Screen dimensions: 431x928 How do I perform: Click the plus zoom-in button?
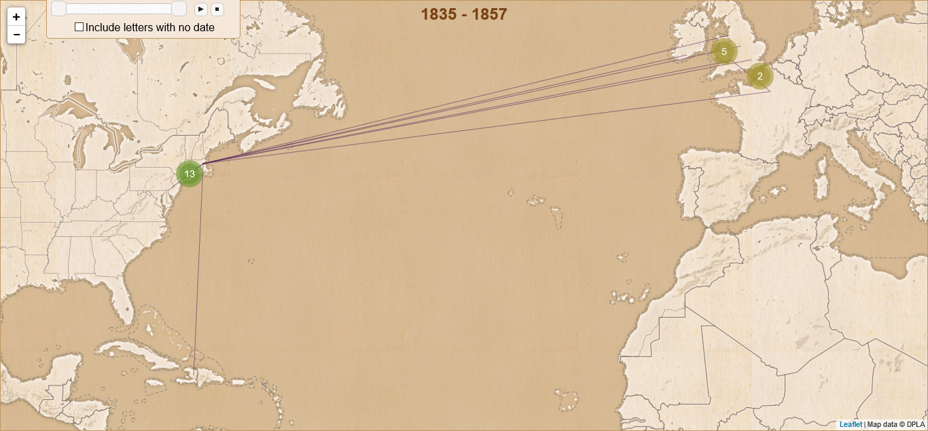(16, 17)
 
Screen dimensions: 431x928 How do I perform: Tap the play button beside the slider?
(200, 9)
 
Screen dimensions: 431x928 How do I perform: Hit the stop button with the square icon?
(217, 9)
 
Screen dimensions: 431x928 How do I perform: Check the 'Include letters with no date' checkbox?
(79, 27)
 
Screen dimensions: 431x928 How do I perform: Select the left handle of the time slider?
(59, 8)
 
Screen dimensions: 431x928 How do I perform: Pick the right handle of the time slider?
(179, 8)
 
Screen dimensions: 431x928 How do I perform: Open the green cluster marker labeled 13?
(190, 174)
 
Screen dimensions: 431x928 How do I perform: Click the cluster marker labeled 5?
(724, 52)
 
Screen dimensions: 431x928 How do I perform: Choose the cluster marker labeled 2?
(760, 76)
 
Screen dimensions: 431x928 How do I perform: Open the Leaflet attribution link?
(851, 424)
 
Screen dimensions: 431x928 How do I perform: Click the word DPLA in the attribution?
(916, 424)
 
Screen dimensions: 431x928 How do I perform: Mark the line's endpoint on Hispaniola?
(194, 371)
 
